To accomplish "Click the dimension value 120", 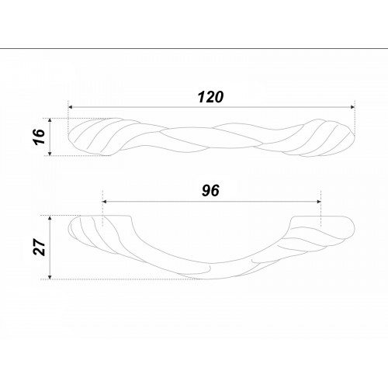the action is coord(210,97).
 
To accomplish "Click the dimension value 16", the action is coord(40,137).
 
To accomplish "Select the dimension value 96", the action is coord(210,191).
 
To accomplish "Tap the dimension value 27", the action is coord(40,247).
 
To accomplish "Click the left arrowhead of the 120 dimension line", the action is coord(70,107).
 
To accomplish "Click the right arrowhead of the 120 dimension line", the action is coord(352,107).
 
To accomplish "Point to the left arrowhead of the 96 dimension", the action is coord(105,202).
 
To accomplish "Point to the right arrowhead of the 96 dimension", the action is coord(319,202).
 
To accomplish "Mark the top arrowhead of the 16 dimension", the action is coord(50,120).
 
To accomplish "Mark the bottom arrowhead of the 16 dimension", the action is coord(50,154).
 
